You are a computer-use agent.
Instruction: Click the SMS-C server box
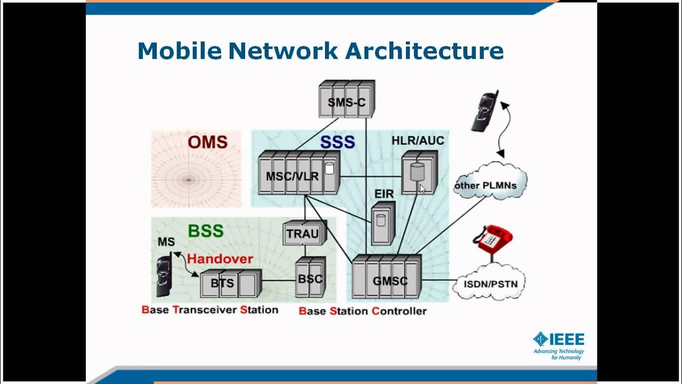(x=347, y=99)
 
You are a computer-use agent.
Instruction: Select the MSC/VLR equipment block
(x=298, y=173)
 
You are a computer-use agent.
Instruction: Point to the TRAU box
(x=303, y=233)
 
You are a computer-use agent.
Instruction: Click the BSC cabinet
(x=310, y=278)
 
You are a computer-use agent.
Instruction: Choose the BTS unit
(x=230, y=283)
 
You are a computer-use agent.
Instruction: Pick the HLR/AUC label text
(x=418, y=140)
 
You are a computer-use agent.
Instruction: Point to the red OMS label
(x=207, y=142)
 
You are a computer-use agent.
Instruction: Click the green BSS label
(x=206, y=231)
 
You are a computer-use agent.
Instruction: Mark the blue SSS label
(x=337, y=142)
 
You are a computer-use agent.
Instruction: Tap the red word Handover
(x=220, y=259)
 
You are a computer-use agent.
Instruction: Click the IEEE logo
(x=559, y=345)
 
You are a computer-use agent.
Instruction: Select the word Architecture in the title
(x=424, y=51)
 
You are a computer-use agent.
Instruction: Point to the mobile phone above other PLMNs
(x=484, y=110)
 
